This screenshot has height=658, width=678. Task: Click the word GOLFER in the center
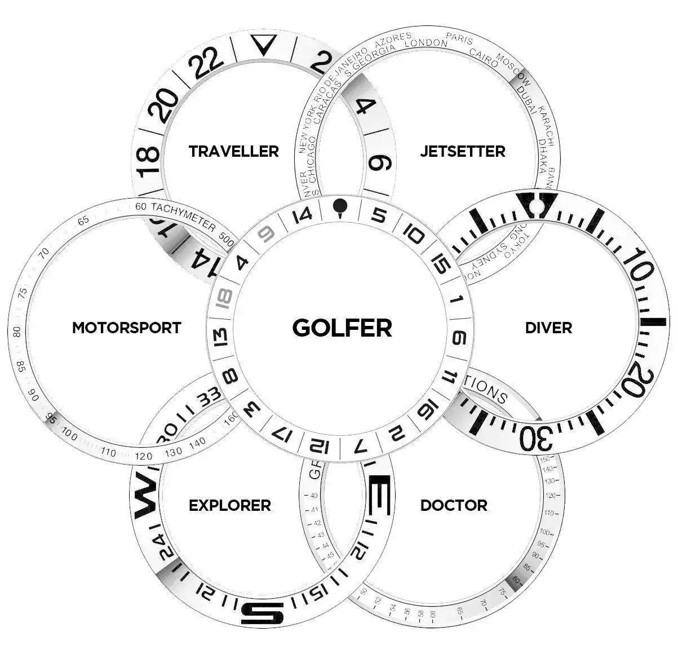point(342,328)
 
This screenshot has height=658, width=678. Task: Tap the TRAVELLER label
point(233,151)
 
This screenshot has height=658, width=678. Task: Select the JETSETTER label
point(462,151)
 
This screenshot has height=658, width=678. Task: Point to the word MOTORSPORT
point(126,328)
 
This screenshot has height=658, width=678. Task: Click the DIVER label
point(548,328)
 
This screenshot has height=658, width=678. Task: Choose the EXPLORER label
point(229,505)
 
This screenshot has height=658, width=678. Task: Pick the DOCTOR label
point(454,505)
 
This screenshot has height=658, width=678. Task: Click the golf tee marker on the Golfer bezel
point(339,207)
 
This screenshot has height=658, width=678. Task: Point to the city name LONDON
point(426,43)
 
